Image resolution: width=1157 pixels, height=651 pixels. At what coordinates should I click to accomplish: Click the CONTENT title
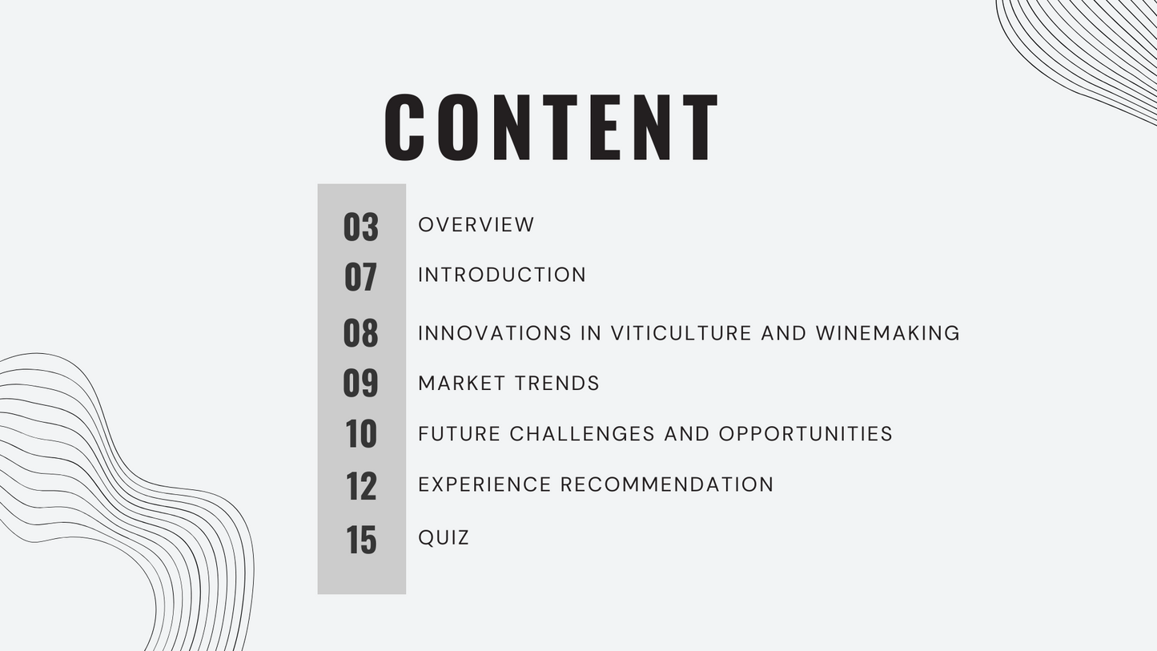pyautogui.click(x=551, y=127)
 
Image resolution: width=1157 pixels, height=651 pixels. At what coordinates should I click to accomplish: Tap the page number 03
pyautogui.click(x=361, y=227)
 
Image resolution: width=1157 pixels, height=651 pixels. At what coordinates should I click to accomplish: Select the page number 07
pyautogui.click(x=360, y=276)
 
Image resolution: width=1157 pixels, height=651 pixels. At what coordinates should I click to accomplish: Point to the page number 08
pyautogui.click(x=360, y=332)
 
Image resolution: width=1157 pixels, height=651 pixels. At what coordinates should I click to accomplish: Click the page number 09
pyautogui.click(x=360, y=382)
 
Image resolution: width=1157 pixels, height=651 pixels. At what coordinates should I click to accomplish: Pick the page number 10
pyautogui.click(x=361, y=433)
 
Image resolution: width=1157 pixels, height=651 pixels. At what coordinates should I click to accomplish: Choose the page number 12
pyautogui.click(x=361, y=486)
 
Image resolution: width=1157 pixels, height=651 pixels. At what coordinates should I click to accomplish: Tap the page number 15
pyautogui.click(x=361, y=540)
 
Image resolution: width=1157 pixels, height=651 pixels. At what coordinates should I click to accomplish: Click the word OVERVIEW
pyautogui.click(x=476, y=225)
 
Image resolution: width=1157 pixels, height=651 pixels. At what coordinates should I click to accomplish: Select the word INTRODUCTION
pyautogui.click(x=502, y=275)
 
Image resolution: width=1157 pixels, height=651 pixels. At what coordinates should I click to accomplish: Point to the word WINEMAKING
pyautogui.click(x=887, y=333)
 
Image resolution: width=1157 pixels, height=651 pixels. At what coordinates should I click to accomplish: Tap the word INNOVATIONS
pyautogui.click(x=495, y=333)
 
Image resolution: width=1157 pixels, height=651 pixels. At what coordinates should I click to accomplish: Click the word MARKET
pyautogui.click(x=462, y=384)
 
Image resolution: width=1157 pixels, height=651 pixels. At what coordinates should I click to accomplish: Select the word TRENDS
pyautogui.click(x=556, y=384)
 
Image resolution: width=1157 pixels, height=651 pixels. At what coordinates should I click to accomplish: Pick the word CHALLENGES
pyautogui.click(x=582, y=434)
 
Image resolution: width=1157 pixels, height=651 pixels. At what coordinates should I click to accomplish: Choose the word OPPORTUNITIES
pyautogui.click(x=805, y=434)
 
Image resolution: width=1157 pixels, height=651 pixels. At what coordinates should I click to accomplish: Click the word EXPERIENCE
pyautogui.click(x=484, y=484)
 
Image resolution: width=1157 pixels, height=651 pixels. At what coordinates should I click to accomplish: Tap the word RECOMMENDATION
pyautogui.click(x=667, y=484)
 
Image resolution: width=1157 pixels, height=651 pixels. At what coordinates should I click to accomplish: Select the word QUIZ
pyautogui.click(x=443, y=538)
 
